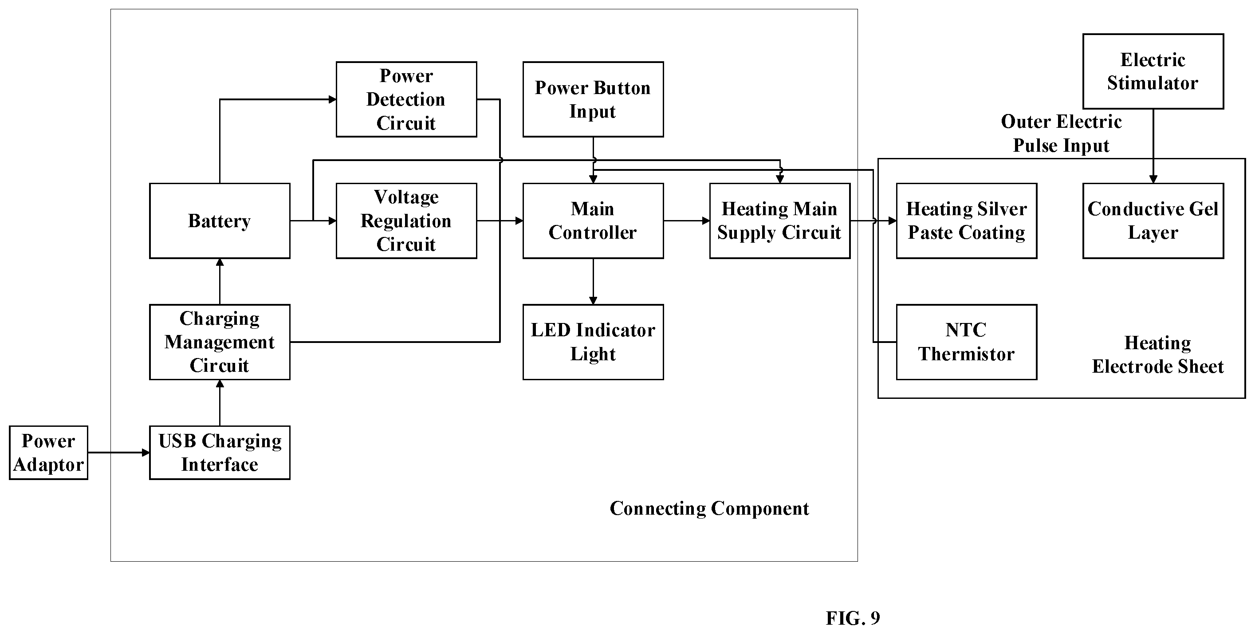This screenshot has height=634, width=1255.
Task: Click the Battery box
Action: click(x=220, y=221)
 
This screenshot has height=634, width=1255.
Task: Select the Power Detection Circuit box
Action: click(x=406, y=99)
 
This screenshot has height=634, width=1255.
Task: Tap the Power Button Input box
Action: click(x=593, y=99)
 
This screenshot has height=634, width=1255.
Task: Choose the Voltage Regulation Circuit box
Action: click(x=406, y=221)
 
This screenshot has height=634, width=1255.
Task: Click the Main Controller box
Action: click(x=593, y=221)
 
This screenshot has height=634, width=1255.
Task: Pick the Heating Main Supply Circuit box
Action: click(x=779, y=221)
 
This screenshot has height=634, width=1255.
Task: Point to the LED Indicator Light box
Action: click(x=593, y=342)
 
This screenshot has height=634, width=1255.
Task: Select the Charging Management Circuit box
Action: click(x=220, y=342)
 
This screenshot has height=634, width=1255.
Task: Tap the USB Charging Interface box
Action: click(x=220, y=453)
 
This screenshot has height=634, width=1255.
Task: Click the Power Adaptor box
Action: click(x=48, y=453)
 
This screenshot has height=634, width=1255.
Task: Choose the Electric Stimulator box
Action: click(x=1153, y=71)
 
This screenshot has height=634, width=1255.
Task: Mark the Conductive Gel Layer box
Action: click(x=1153, y=221)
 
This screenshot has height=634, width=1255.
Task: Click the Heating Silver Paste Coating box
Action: click(x=967, y=221)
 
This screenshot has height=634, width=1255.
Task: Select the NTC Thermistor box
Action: click(x=967, y=342)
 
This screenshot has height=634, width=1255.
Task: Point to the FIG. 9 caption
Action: click(x=853, y=618)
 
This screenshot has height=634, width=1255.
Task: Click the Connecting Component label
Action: click(x=709, y=509)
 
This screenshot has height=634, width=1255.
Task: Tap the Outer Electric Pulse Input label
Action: click(x=1061, y=134)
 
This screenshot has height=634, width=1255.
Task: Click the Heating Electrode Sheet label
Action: click(x=1157, y=355)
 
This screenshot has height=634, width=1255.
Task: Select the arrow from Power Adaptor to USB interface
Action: click(x=119, y=453)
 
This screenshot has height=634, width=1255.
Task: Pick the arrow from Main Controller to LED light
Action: click(x=593, y=282)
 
